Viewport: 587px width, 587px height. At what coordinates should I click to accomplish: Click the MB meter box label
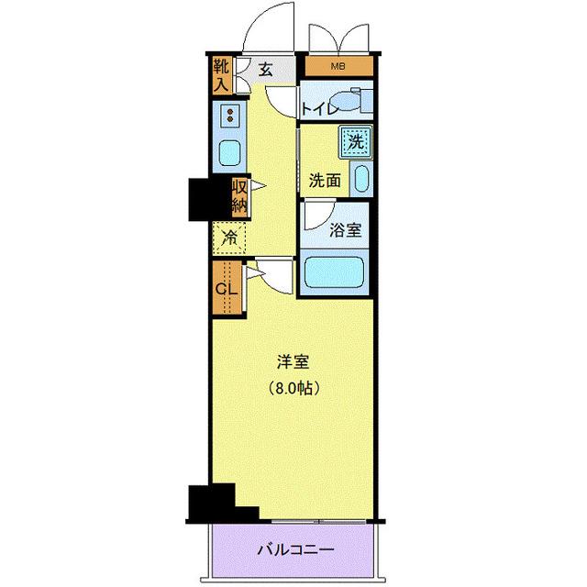pos(339,67)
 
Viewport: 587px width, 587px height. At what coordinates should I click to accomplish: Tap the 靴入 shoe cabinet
pos(222,76)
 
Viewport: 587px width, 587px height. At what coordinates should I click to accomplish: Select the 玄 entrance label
pos(265,69)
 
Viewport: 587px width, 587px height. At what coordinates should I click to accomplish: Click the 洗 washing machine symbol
pos(355,141)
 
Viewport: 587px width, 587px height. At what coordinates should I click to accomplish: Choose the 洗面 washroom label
pos(324,181)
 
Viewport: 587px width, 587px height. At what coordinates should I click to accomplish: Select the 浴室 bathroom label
pos(344,229)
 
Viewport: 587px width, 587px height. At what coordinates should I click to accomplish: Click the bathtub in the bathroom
pos(334,273)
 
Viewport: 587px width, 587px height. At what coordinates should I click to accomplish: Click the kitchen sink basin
pos(229,152)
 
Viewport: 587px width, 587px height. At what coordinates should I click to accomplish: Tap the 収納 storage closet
pos(238,196)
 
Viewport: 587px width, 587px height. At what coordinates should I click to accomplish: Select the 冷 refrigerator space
pos(230,238)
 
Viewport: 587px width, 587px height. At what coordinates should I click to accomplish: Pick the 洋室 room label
pos(294,360)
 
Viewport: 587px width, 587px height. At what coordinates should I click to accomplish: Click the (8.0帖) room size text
pos(294,388)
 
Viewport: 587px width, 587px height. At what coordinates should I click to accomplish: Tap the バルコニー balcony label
pos(294,551)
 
